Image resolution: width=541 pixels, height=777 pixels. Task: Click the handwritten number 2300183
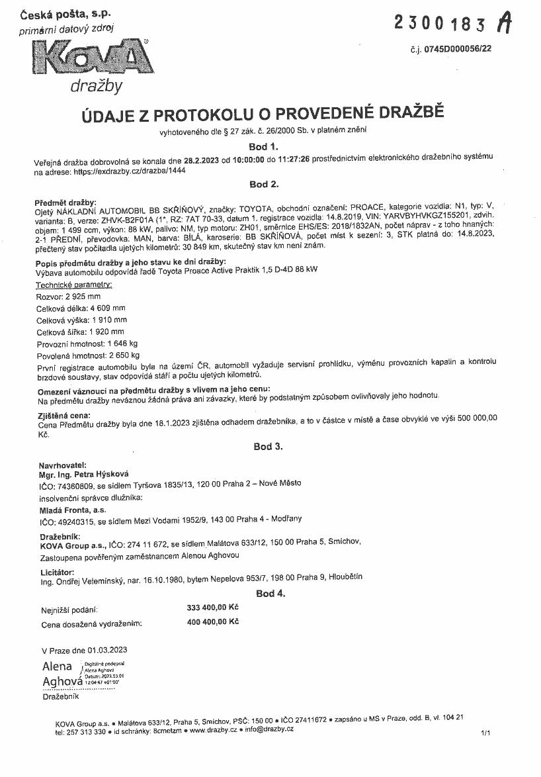[443, 23]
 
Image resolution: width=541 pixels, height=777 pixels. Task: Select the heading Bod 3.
[268, 447]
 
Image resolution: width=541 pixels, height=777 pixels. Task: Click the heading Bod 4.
[270, 594]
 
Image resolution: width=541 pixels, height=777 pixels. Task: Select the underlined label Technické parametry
[73, 285]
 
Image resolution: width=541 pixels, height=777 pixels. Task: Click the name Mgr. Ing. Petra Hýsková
[84, 474]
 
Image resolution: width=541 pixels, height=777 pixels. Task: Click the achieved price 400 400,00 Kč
[213, 621]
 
